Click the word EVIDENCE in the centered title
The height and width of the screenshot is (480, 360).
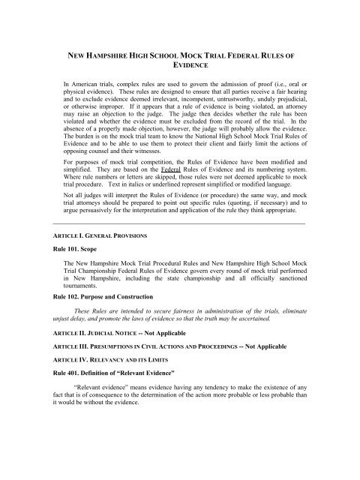(x=180, y=66)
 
